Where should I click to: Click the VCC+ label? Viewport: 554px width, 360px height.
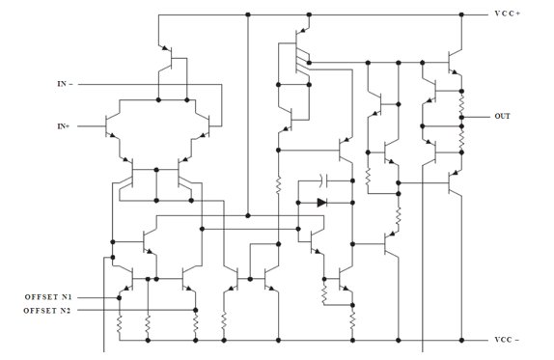pos(507,14)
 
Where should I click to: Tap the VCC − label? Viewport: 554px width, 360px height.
pos(507,340)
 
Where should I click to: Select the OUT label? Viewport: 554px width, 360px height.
pos(502,116)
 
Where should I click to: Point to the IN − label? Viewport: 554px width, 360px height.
pos(65,84)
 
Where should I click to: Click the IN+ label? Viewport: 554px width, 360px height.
pos(64,126)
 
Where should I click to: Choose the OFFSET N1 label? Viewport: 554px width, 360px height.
pos(48,297)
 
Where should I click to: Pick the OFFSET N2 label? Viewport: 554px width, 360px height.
pos(47,311)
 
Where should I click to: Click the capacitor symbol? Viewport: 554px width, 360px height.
pos(324,180)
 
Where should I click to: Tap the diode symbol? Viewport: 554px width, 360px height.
pos(321,203)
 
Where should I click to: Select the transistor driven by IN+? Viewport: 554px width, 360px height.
pos(111,126)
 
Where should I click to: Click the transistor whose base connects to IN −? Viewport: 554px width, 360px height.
pos(203,126)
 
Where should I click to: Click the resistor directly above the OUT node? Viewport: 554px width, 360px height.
pos(461,104)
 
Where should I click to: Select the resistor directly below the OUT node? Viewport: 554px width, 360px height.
pos(461,140)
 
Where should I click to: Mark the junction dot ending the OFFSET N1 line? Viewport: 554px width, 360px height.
pos(119,298)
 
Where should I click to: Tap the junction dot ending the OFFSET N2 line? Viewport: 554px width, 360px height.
pos(195,310)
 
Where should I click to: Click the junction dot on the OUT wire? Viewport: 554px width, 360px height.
pos(461,117)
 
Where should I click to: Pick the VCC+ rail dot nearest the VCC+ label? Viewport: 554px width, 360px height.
pos(461,14)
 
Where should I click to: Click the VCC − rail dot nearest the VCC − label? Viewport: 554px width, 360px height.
pos(461,341)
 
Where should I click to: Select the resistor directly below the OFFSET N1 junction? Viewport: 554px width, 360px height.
pos(120,324)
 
